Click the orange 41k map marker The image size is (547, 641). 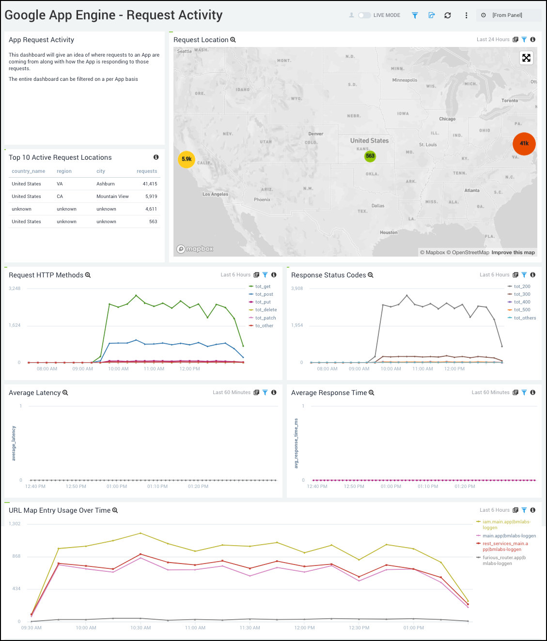(524, 143)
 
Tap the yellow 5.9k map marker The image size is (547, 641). (187, 159)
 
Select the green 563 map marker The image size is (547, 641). (370, 156)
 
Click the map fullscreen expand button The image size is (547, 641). (526, 58)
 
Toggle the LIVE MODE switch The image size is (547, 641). (364, 15)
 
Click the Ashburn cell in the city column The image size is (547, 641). (106, 184)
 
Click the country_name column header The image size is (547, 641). (29, 171)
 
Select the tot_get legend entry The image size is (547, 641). (263, 287)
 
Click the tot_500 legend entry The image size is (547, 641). (522, 310)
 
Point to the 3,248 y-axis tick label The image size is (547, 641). (15, 289)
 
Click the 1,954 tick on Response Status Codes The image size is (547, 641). (297, 325)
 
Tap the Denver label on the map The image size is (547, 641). (316, 134)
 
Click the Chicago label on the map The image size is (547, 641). (447, 119)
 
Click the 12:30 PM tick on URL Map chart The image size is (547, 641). (359, 628)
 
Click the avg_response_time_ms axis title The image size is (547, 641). (297, 443)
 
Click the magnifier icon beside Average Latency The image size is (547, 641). (65, 393)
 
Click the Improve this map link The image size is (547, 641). (513, 253)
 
